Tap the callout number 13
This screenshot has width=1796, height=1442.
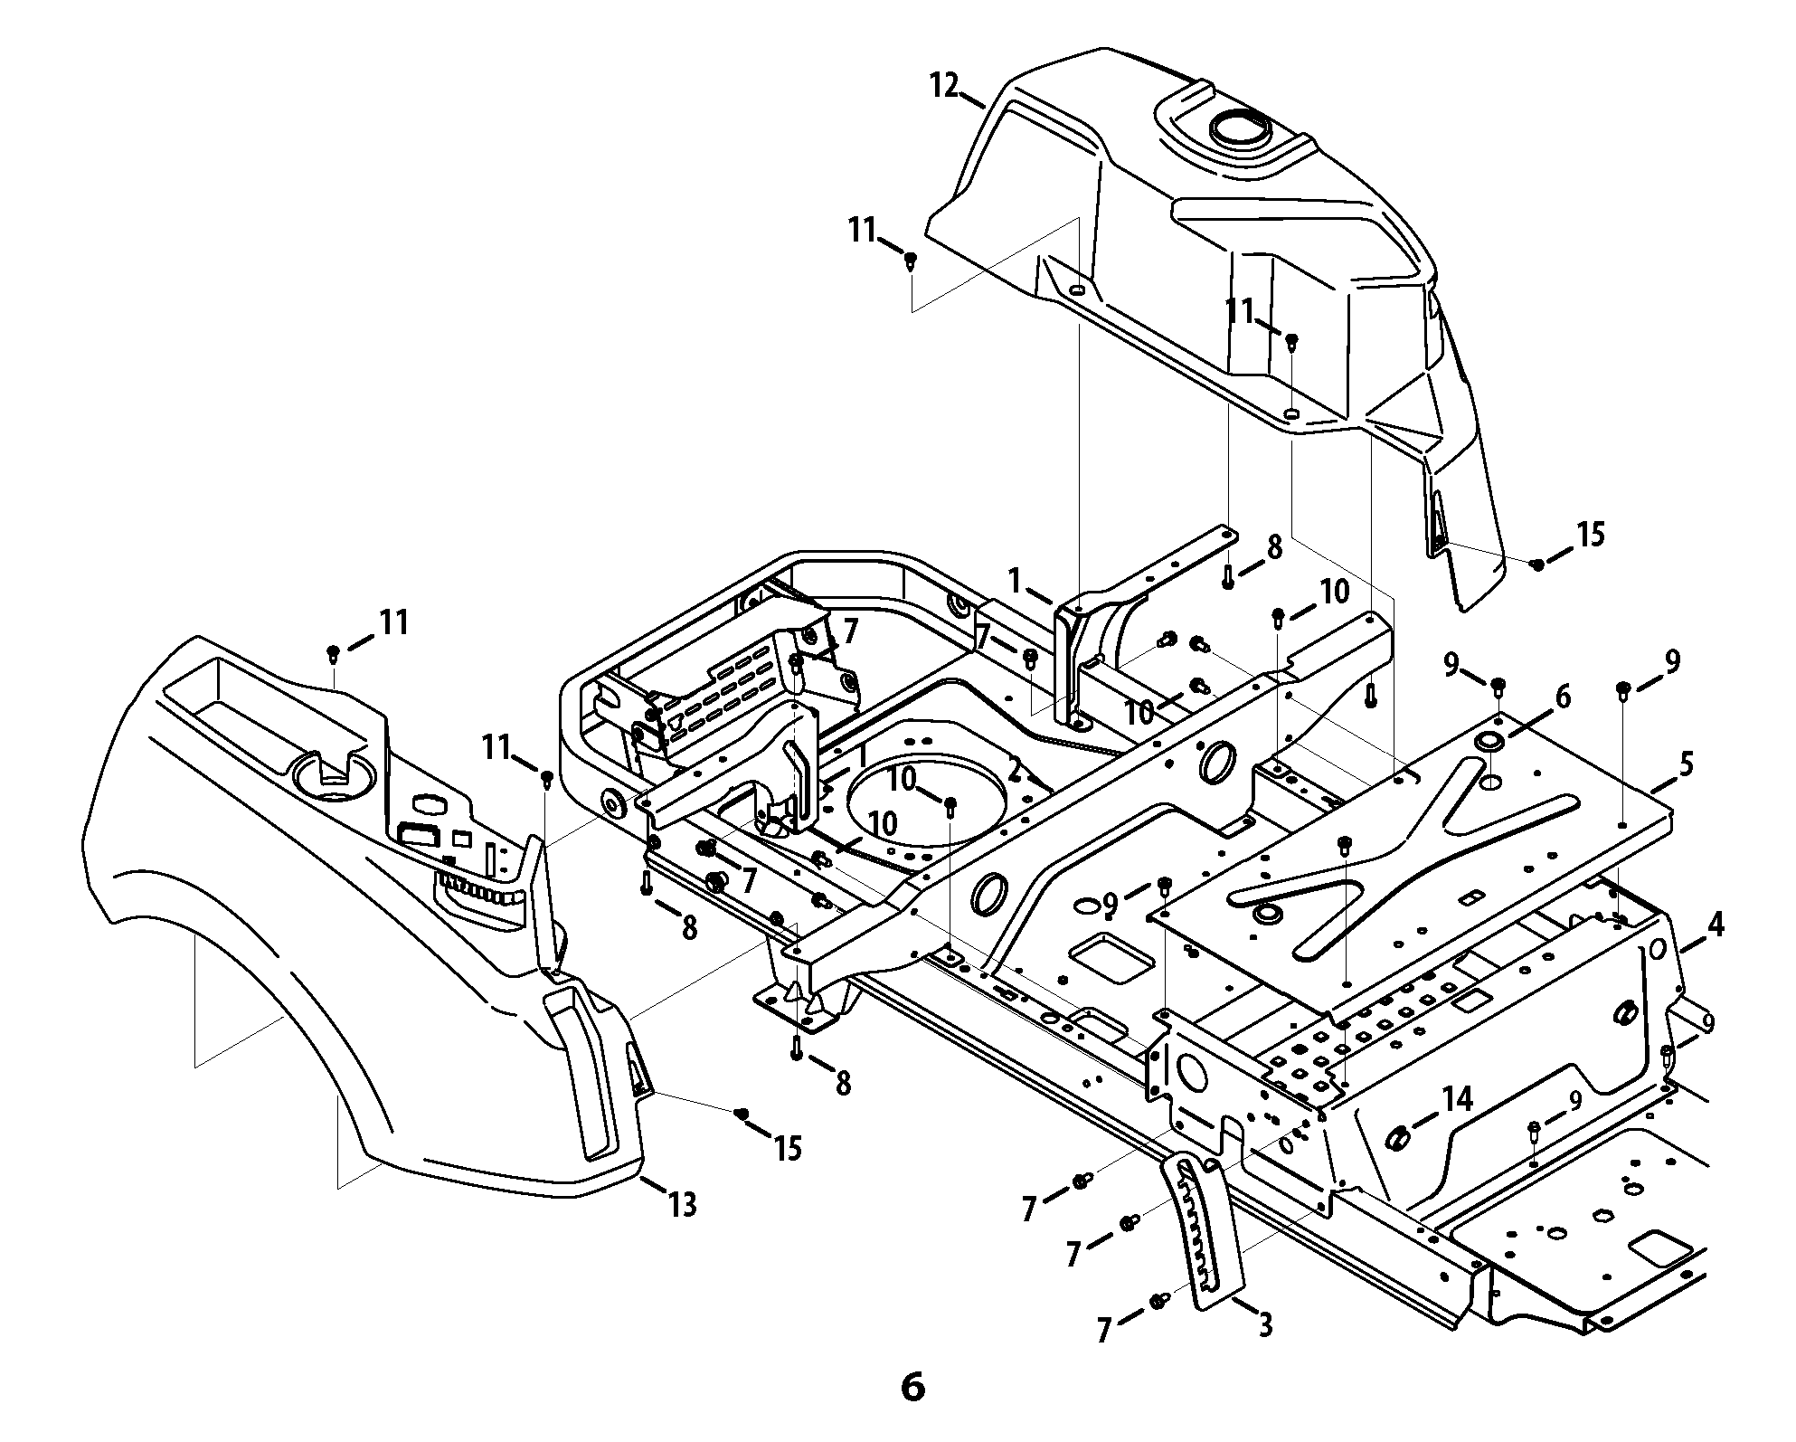tap(683, 1205)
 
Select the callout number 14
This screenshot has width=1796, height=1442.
tap(1458, 1100)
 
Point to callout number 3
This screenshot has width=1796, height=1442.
tap(1264, 1325)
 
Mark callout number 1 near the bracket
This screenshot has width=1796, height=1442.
tap(1016, 580)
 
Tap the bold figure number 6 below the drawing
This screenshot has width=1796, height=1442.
tap(913, 1387)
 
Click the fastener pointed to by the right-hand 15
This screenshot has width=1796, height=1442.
tap(1536, 564)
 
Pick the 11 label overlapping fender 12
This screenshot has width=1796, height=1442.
tap(1242, 312)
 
